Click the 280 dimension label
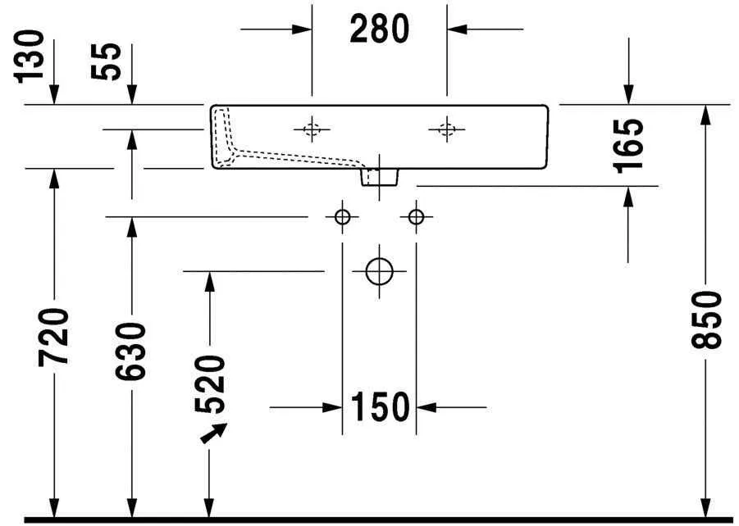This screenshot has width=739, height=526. point(379,29)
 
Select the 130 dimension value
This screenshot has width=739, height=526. point(30,56)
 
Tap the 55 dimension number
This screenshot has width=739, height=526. point(109,61)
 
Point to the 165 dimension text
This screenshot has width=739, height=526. point(629,145)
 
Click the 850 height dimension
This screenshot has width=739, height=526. point(707,319)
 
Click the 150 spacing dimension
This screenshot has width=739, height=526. point(380,406)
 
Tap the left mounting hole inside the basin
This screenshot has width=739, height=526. point(312,129)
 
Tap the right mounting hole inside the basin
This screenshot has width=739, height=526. point(446,129)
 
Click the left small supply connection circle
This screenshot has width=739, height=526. point(342,216)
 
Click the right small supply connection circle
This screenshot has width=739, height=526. point(416,216)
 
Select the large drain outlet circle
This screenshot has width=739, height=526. point(379,270)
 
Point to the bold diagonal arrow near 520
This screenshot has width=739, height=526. point(214,433)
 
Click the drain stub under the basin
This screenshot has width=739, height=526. point(380,176)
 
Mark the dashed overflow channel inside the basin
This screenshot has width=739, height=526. point(271,152)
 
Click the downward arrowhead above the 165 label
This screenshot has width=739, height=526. point(628,96)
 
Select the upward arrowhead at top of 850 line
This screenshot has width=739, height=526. point(705,114)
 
